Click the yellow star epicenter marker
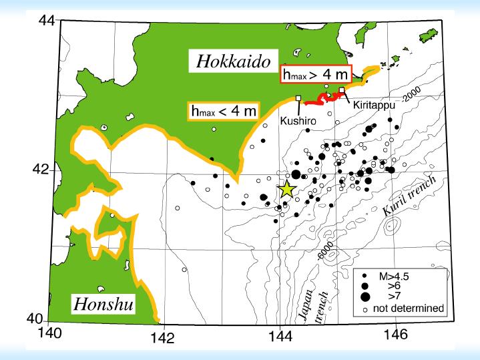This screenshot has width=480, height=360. [286, 189]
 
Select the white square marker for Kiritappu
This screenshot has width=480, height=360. [342, 90]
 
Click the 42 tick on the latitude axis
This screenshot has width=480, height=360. [41, 170]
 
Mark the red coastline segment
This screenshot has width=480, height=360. [320, 100]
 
